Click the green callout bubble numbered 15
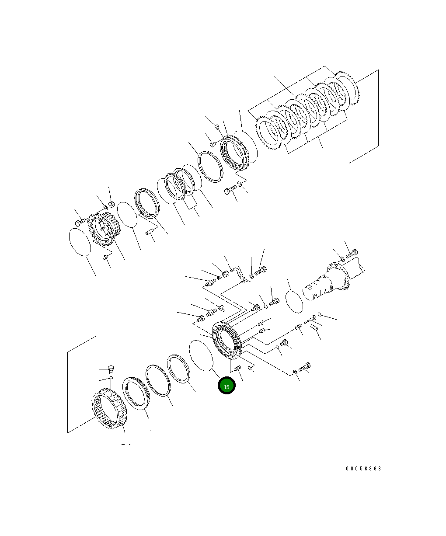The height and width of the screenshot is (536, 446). (x=226, y=386)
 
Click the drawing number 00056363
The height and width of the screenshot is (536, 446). (x=363, y=468)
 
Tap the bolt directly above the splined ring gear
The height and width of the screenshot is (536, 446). (x=111, y=369)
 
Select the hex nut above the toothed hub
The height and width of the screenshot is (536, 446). (x=111, y=204)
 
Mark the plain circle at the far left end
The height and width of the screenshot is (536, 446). (x=80, y=242)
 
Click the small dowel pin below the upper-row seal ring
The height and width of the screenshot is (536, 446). (x=151, y=233)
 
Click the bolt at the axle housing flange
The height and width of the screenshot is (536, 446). (x=352, y=253)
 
